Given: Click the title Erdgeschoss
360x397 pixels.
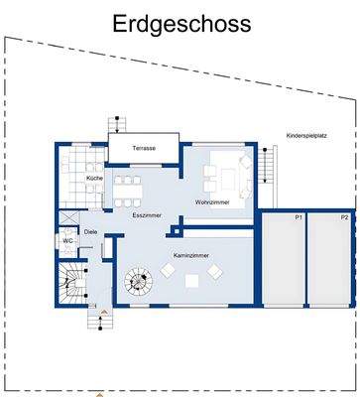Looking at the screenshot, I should (x=180, y=22).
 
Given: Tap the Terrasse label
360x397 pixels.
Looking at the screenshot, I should (x=145, y=149).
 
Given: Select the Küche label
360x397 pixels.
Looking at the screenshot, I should (x=94, y=178).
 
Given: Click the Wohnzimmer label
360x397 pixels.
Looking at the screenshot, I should (x=212, y=202).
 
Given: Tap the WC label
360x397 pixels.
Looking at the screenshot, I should (x=67, y=241).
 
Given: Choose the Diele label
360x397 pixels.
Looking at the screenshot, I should (x=91, y=233).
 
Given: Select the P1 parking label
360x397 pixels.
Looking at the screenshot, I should (x=298, y=216).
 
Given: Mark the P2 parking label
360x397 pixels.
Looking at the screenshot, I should (x=344, y=216).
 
